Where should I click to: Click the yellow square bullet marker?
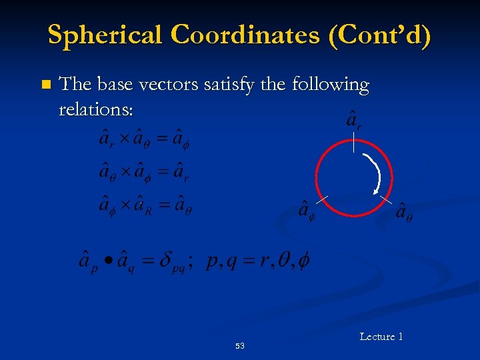coord(45,85)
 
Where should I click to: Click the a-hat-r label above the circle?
coord(353,121)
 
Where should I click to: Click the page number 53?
coord(240,346)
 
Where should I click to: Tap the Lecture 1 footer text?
coord(381,337)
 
